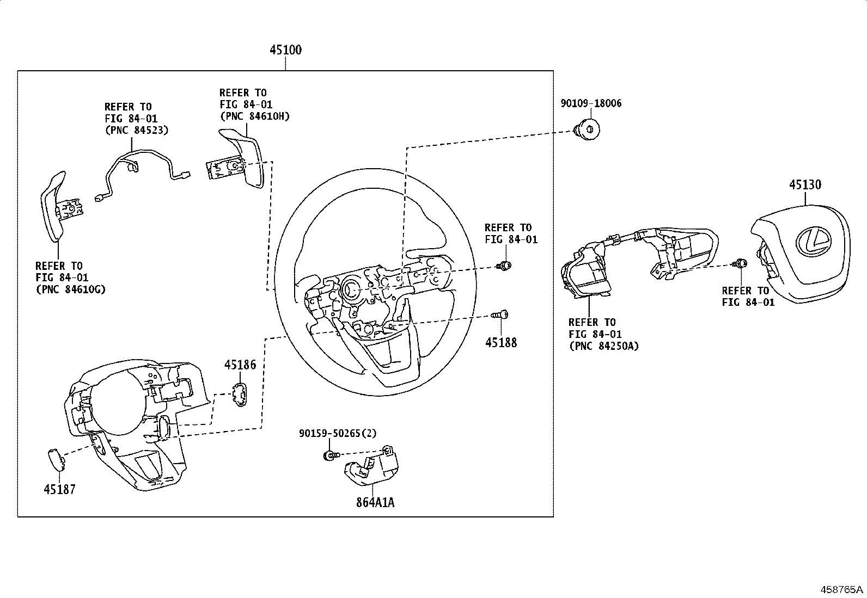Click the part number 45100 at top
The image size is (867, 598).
[286, 50]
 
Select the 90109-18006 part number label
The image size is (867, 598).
[591, 103]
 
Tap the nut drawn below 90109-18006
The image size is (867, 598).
[587, 130]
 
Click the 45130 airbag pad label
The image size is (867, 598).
[805, 184]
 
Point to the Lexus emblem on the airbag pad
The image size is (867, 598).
[814, 242]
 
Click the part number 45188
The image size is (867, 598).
[501, 342]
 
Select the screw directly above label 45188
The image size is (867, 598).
[500, 315]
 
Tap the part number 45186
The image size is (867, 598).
[240, 365]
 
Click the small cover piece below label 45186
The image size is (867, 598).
[240, 395]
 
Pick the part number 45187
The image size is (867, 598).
[59, 489]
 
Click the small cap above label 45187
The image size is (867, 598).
[57, 460]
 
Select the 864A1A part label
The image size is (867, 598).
[375, 502]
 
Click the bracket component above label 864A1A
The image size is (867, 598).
[371, 465]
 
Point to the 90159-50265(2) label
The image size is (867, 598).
[338, 433]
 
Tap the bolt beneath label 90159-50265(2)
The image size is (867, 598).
[331, 455]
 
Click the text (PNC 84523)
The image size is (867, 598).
[137, 130]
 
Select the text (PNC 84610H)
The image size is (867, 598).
[255, 116]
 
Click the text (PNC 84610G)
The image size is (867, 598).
[70, 289]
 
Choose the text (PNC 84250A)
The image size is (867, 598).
[604, 346]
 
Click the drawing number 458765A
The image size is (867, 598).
[842, 589]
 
